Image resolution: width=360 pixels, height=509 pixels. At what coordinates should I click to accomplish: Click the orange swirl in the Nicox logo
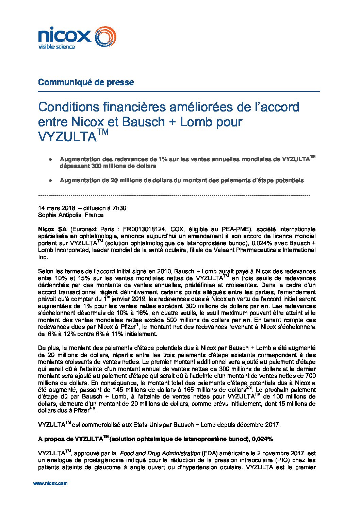point(105,37)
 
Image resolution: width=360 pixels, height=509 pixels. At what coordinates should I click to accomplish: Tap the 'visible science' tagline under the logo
point(56,47)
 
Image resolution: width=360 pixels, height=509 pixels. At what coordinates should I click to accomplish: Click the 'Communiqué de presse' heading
point(86,82)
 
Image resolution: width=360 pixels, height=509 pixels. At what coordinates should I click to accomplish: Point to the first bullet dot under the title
point(50,159)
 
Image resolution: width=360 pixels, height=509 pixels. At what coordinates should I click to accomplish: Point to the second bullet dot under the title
point(50,181)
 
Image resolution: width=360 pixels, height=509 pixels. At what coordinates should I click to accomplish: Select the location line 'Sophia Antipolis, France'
point(71,215)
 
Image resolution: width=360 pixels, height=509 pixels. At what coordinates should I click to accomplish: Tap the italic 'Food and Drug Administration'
point(160,453)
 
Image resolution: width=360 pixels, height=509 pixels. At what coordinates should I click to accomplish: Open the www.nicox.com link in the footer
point(50,483)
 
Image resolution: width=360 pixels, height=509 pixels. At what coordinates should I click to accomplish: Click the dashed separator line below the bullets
point(174,196)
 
